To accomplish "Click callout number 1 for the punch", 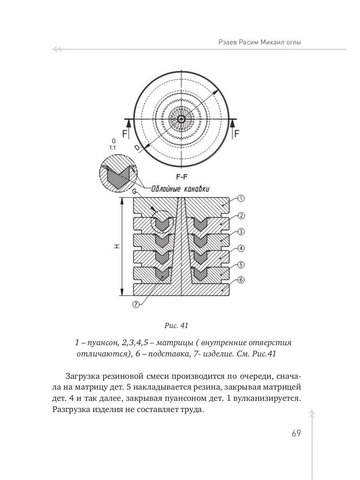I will point(241,198).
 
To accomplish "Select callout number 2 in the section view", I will point(241,216).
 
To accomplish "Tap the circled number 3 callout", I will point(241,232).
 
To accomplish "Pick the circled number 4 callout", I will point(241,248).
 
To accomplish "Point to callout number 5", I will point(241,264).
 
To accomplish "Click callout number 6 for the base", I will point(241,280).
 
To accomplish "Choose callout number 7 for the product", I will point(136,304).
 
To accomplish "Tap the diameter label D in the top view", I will point(138,148).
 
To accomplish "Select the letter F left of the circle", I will point(125,134).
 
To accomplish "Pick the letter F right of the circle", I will point(237,134).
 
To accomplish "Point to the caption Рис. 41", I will point(176,326).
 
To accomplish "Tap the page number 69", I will point(296,434).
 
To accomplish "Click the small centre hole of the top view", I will point(181,119).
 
